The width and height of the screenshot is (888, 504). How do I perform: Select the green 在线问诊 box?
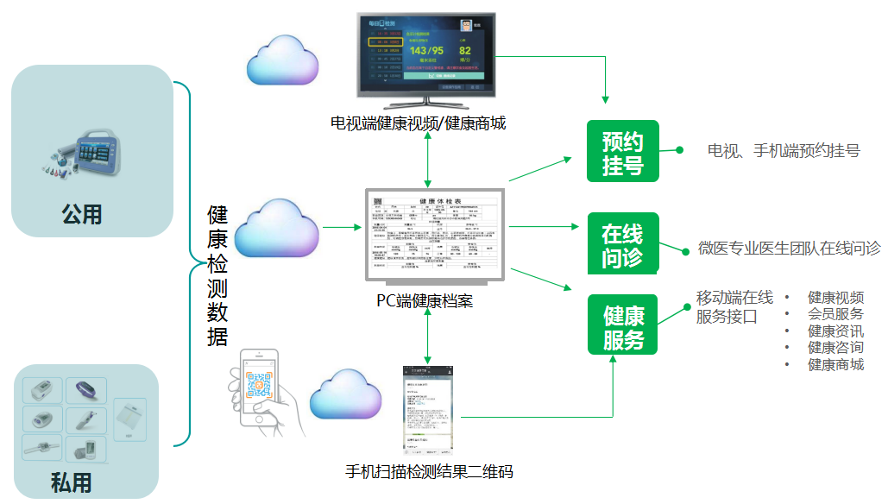point(622,244)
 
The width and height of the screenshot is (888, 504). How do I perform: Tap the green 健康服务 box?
point(622,325)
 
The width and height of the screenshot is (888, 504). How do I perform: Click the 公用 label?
point(82,213)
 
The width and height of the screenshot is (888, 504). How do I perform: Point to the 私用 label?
point(72,481)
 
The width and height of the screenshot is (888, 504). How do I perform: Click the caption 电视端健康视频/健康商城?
point(418,123)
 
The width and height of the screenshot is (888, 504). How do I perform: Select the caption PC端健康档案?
point(425,301)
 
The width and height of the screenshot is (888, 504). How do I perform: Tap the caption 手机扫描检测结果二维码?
point(429,471)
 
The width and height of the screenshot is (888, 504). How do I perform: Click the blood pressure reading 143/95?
point(425,51)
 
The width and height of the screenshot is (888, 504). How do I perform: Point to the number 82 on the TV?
point(465,51)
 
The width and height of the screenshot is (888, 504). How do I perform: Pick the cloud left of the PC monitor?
point(276,227)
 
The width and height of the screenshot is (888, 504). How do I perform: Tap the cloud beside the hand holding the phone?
point(345,396)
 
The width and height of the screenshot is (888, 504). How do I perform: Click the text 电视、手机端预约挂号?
point(783,151)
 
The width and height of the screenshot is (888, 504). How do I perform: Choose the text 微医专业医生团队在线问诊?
point(789,249)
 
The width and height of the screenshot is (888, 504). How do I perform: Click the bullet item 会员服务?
point(834,314)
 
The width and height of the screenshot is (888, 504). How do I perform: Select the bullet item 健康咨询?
point(834,348)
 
